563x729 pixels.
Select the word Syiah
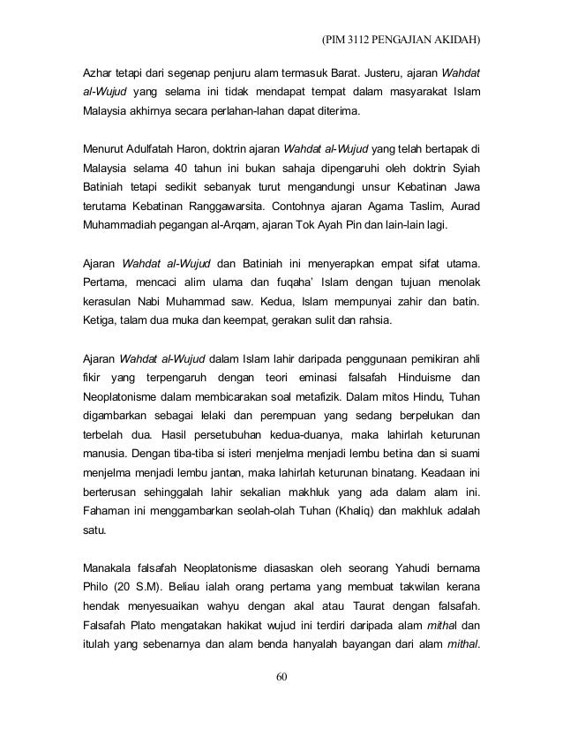[472, 168]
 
